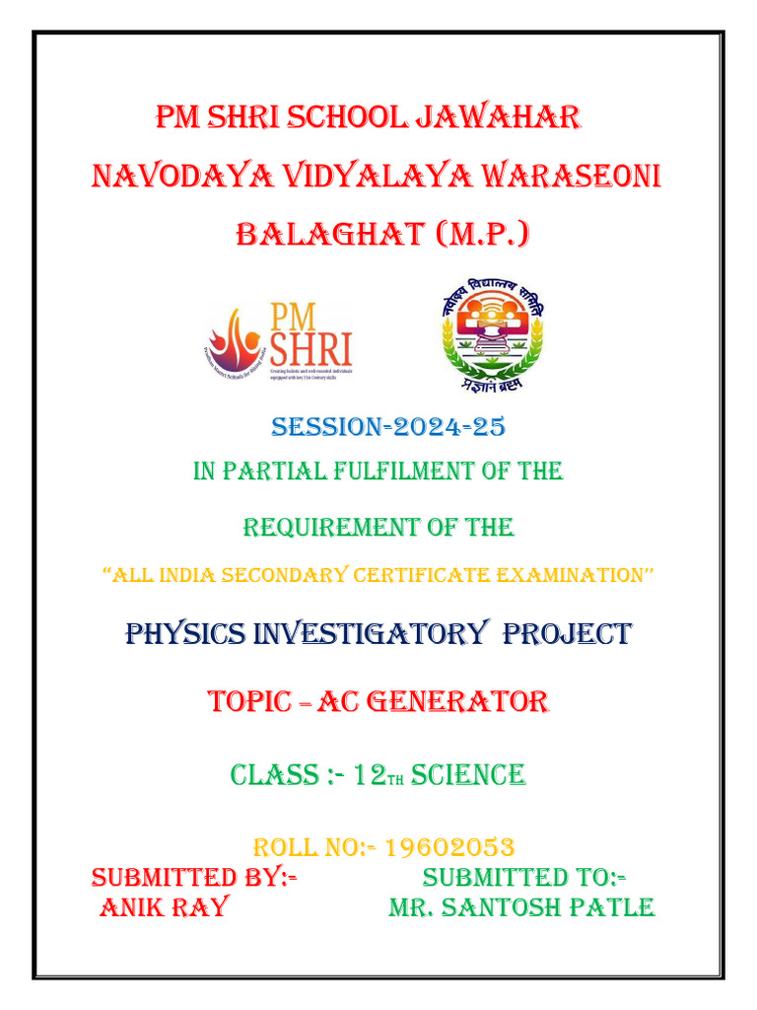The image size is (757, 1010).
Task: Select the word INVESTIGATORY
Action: click(x=370, y=633)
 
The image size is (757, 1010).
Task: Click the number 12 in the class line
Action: click(x=371, y=775)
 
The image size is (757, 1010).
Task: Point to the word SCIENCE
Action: click(x=468, y=775)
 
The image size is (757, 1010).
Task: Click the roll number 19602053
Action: click(x=449, y=847)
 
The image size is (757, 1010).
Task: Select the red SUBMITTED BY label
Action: click(x=195, y=877)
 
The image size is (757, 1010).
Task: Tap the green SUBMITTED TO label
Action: click(x=526, y=877)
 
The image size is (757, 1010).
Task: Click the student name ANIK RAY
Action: click(x=163, y=906)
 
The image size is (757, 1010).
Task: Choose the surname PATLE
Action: click(x=599, y=906)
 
